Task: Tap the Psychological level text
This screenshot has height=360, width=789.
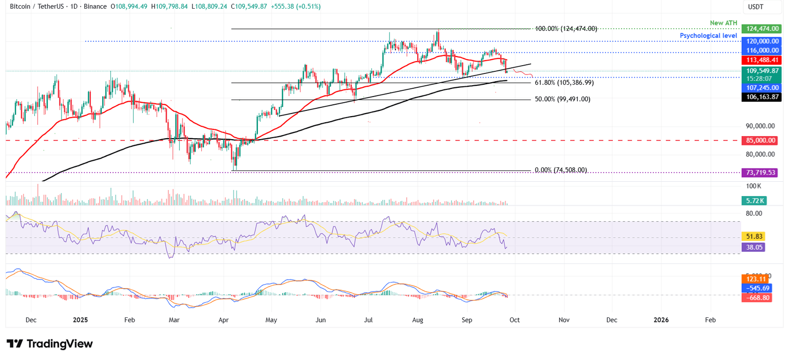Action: [x=708, y=35]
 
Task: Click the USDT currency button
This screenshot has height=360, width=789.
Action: [x=756, y=7]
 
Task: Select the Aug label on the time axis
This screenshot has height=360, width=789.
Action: [x=418, y=320]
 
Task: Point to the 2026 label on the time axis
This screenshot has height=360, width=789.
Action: [x=661, y=320]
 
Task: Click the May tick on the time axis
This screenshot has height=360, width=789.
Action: [x=271, y=320]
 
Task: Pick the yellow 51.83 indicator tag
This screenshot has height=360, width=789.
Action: [x=754, y=236]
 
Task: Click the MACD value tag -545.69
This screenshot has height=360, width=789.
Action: [x=756, y=288]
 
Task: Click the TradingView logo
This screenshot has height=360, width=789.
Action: [x=50, y=344]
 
